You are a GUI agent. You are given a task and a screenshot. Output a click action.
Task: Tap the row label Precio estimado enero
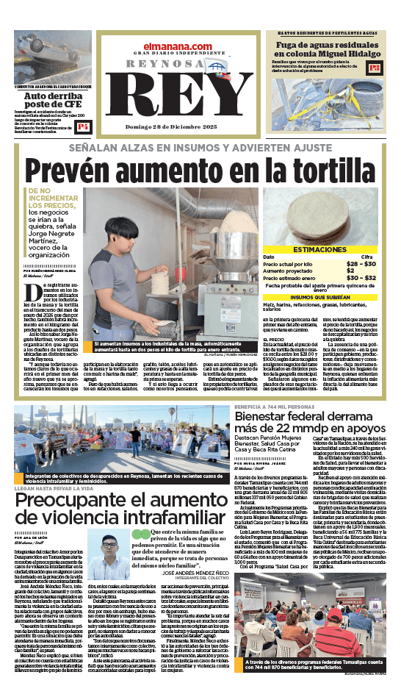[289, 277]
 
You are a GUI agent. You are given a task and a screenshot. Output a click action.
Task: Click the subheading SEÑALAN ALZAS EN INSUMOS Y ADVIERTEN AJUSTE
[200, 146]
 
